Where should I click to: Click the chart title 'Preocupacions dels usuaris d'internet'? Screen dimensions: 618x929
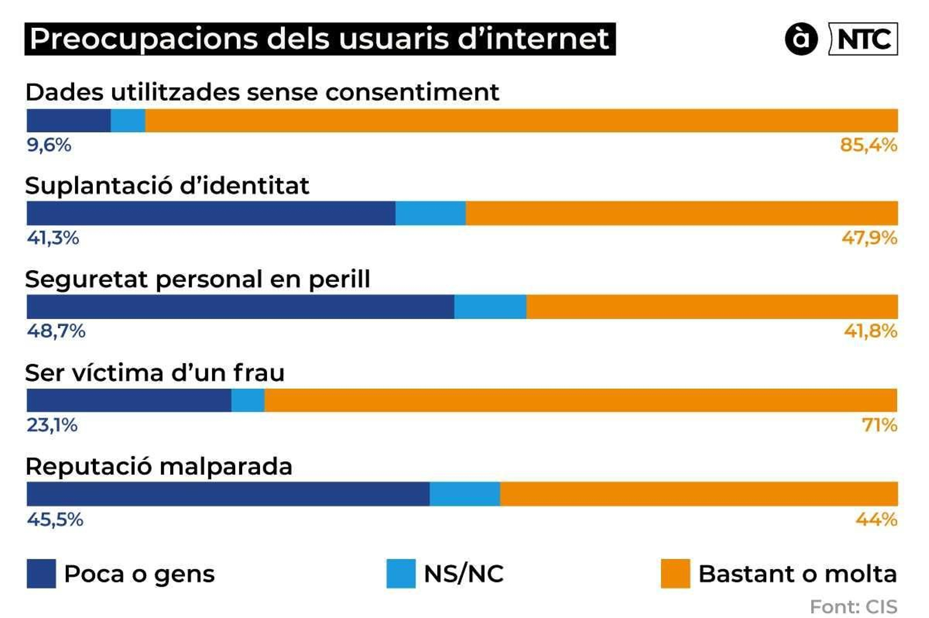point(319,39)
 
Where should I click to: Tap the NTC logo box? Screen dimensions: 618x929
point(863,39)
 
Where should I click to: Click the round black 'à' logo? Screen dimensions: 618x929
point(801,39)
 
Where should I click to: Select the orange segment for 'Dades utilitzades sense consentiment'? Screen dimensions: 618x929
point(521,120)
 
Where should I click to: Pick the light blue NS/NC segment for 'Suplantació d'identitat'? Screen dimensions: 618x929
point(430,213)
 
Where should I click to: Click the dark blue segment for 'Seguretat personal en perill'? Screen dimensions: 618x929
point(240,307)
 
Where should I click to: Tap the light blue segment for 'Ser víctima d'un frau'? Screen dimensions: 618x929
point(248,400)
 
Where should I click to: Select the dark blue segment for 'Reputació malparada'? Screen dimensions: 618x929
point(228,494)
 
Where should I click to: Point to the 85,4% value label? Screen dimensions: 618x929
point(868,145)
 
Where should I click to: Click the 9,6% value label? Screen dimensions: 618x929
point(49,145)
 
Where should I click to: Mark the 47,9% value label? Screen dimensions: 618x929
point(869,238)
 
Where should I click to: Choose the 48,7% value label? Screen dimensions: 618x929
point(56,331)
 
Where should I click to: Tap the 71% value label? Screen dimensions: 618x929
point(880,425)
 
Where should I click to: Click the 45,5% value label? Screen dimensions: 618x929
point(55,519)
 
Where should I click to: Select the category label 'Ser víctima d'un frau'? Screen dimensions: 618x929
point(155,373)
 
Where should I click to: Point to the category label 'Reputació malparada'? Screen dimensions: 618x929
point(159,466)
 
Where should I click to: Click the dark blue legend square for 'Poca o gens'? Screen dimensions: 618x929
point(41,573)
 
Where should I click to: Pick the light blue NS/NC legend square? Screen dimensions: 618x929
point(401,573)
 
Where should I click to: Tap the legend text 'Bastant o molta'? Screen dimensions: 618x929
point(797,574)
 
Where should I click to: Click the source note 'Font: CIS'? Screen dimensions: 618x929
point(854,606)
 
